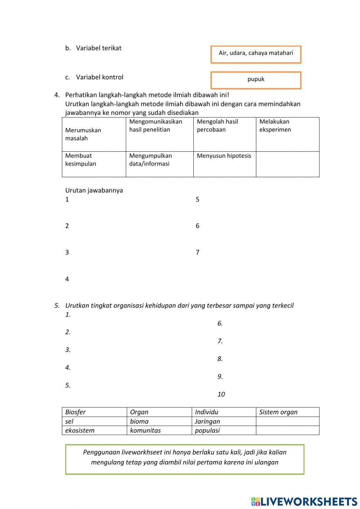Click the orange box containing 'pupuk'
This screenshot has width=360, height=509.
pos(256,80)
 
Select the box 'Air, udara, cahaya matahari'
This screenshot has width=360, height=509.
pos(256,54)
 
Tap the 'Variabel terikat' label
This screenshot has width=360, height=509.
pos(98,48)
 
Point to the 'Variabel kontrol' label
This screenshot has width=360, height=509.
pos(99,77)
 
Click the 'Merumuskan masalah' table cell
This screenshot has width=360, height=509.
pos(94,134)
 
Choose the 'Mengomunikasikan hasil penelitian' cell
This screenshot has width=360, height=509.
pos(159,134)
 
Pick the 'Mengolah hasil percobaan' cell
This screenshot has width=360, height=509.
pos(224,134)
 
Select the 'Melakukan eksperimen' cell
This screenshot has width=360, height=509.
pos(287,134)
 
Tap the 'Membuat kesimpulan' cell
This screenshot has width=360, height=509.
pos(94,164)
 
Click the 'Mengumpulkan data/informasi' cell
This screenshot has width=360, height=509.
pos(159,164)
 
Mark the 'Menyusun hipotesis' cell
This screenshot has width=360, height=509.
pos(224,164)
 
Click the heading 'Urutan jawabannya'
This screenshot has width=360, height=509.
pos(94,190)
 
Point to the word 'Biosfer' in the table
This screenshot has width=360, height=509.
pos(76,412)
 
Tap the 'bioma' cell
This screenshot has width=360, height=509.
pos(139,421)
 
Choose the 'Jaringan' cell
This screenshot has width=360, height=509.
pos(207,421)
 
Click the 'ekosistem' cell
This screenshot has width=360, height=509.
pos(80,430)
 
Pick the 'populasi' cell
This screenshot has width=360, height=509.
pos(207,430)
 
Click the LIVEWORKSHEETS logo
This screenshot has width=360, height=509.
pos(304,501)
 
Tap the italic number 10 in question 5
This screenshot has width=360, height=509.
pos(221,394)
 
